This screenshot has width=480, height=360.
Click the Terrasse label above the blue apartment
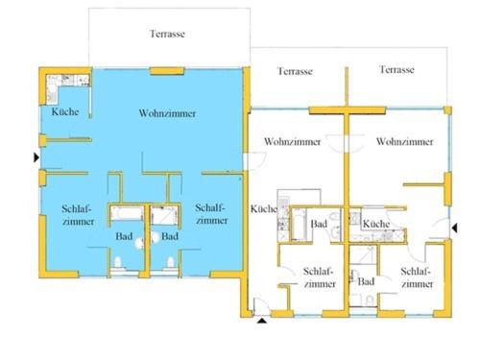(x=167, y=34)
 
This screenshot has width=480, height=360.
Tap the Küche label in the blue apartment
(x=65, y=111)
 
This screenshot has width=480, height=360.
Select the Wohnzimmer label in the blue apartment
(x=167, y=113)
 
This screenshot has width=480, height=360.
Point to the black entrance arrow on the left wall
(x=36, y=157)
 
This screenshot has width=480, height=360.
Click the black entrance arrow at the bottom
(x=262, y=321)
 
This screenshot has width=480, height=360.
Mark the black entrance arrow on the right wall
(x=454, y=228)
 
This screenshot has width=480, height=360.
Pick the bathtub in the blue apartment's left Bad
(x=127, y=213)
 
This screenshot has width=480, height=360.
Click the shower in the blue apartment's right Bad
(x=164, y=215)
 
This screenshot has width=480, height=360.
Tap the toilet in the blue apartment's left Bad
(x=118, y=262)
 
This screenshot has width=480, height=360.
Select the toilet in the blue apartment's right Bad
(x=171, y=262)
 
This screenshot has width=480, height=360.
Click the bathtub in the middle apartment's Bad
(x=300, y=225)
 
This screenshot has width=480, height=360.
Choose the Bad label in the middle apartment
(x=319, y=224)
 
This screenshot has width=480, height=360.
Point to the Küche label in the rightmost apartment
(x=376, y=224)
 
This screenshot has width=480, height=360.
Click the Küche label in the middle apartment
(x=264, y=208)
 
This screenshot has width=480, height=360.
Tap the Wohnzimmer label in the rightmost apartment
(x=405, y=141)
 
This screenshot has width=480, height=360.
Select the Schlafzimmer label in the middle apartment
(x=320, y=277)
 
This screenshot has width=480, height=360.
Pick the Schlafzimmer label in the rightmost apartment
(x=417, y=277)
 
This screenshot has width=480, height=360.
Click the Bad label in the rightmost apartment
(x=366, y=281)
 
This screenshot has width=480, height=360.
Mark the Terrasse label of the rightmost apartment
(x=396, y=69)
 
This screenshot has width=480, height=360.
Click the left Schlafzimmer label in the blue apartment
(x=78, y=215)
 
